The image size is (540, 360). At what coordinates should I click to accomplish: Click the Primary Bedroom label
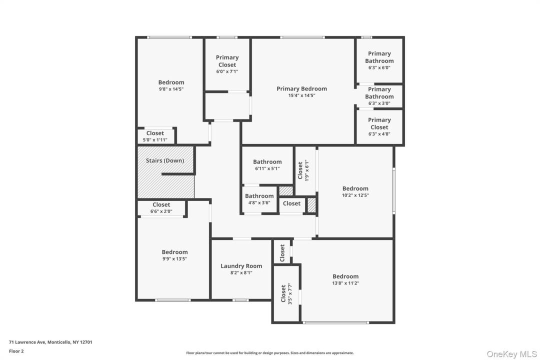[x=301, y=88]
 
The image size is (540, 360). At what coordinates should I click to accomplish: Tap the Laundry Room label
[x=241, y=266]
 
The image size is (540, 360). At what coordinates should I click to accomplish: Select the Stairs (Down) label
[x=164, y=160]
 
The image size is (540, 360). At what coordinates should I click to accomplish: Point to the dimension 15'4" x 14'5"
[x=301, y=95]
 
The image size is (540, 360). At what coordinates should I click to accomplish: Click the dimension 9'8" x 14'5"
[x=171, y=89]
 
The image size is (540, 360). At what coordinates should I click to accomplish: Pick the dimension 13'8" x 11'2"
[x=345, y=283]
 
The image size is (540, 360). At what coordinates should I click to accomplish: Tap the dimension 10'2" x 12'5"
[x=355, y=195]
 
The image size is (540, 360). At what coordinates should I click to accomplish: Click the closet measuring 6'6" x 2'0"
[x=162, y=208]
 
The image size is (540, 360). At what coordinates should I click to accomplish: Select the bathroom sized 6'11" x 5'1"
[x=267, y=165]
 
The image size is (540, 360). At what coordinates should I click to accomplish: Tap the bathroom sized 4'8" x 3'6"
[x=259, y=199]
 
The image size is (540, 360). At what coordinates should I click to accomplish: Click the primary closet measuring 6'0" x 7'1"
[x=227, y=64]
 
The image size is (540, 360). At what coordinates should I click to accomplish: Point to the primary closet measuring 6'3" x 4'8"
[x=379, y=126]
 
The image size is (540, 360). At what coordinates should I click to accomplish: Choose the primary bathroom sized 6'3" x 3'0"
[x=379, y=96]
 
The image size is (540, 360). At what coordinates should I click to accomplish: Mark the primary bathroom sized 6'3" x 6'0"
[x=379, y=60]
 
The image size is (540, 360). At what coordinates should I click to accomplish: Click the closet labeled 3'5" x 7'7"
[x=286, y=293]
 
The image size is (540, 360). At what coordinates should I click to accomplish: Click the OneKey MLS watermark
[x=511, y=354]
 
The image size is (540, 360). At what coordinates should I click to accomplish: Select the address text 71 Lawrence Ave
[x=27, y=342]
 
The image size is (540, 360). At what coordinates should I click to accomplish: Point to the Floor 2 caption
[x=16, y=351]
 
